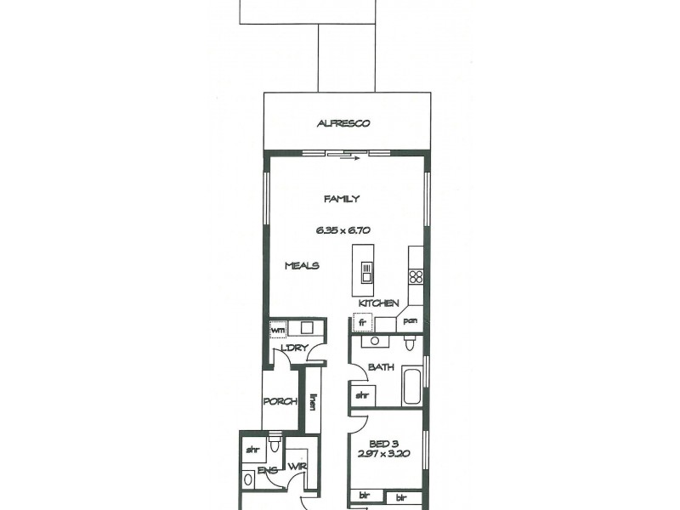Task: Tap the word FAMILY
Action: coord(342,199)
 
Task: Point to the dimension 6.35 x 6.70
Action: coord(342,229)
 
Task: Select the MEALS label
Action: coord(301,266)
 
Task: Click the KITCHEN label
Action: coord(378,303)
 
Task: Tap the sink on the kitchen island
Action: coord(366,272)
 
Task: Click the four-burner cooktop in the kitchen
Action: coord(416,276)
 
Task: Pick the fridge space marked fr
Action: coord(362,323)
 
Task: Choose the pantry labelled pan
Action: coord(409,322)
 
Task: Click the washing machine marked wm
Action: coord(278,329)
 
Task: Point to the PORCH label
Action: coord(279,402)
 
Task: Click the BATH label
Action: coord(379,368)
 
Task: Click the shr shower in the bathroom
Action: coord(361,395)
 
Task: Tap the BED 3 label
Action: coord(384,442)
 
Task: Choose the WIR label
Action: coord(297,467)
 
